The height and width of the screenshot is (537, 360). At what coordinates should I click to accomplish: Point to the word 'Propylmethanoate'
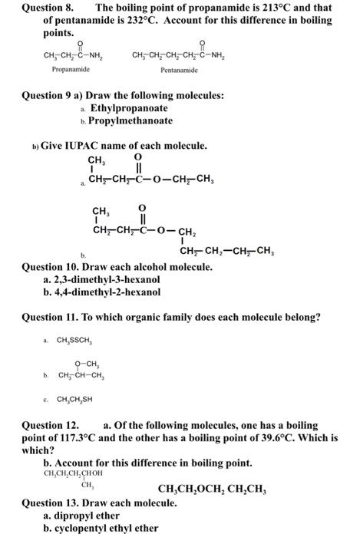[132, 120]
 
